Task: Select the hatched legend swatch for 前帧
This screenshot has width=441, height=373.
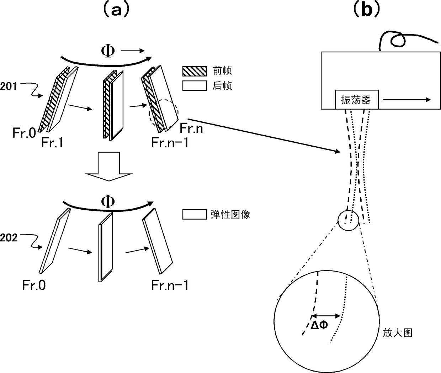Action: pyautogui.click(x=195, y=71)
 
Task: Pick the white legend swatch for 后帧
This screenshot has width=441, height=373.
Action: pyautogui.click(x=195, y=86)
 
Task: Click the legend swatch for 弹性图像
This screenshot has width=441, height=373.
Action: pyautogui.click(x=195, y=215)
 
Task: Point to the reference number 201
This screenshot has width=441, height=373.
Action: pyautogui.click(x=9, y=86)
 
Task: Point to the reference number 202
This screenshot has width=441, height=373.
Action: pyautogui.click(x=9, y=238)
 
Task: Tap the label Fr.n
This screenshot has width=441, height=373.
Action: pyautogui.click(x=191, y=128)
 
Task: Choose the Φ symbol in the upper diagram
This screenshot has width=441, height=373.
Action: pyautogui.click(x=108, y=51)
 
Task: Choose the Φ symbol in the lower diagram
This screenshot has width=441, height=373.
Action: pyautogui.click(x=108, y=201)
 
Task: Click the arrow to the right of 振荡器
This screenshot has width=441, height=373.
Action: pyautogui.click(x=407, y=100)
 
